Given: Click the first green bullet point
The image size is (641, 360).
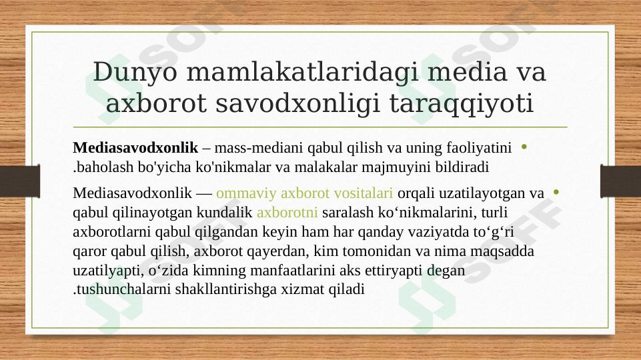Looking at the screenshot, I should coord(524,146).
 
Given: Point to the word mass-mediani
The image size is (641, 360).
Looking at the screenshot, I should coord(252,146).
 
